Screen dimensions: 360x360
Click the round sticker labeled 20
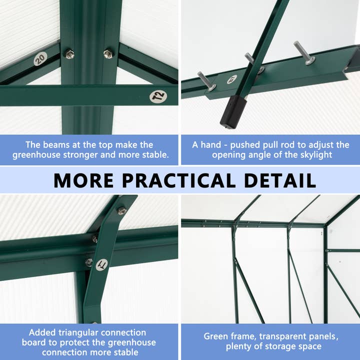40,59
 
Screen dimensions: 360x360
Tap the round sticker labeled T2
158,96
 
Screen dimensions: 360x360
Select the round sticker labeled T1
102,264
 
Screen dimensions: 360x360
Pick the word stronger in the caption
86,155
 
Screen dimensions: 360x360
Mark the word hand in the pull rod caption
210,144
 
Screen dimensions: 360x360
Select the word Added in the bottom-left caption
42,332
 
